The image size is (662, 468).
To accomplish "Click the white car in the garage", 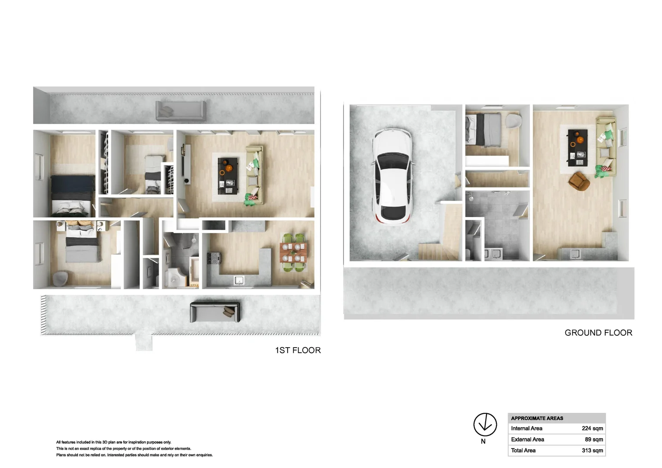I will pyautogui.click(x=392, y=175).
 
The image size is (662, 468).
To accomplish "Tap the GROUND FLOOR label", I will pyautogui.click(x=598, y=333).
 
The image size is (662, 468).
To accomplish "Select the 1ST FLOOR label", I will pyautogui.click(x=298, y=350).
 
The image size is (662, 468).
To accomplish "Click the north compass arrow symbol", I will pyautogui.click(x=485, y=424).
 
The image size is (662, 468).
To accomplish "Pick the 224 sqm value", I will pyautogui.click(x=592, y=428).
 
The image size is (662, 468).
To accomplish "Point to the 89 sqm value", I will pyautogui.click(x=594, y=439).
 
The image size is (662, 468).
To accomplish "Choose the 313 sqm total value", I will pyautogui.click(x=592, y=451).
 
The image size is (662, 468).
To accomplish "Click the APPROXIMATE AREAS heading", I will pyautogui.click(x=537, y=418).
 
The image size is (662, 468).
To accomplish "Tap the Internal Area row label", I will pyautogui.click(x=526, y=428).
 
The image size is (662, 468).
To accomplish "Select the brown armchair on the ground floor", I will pyautogui.click(x=579, y=181).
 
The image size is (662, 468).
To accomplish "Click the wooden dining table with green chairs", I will pyautogui.click(x=294, y=253).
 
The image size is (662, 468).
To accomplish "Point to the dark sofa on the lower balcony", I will pyautogui.click(x=215, y=312).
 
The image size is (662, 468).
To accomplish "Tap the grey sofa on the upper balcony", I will pyautogui.click(x=181, y=111).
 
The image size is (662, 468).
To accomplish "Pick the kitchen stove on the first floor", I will pyautogui.click(x=214, y=258).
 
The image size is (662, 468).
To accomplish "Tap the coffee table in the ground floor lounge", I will pyautogui.click(x=578, y=147).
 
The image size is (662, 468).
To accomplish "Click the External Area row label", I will pyautogui.click(x=527, y=439).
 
